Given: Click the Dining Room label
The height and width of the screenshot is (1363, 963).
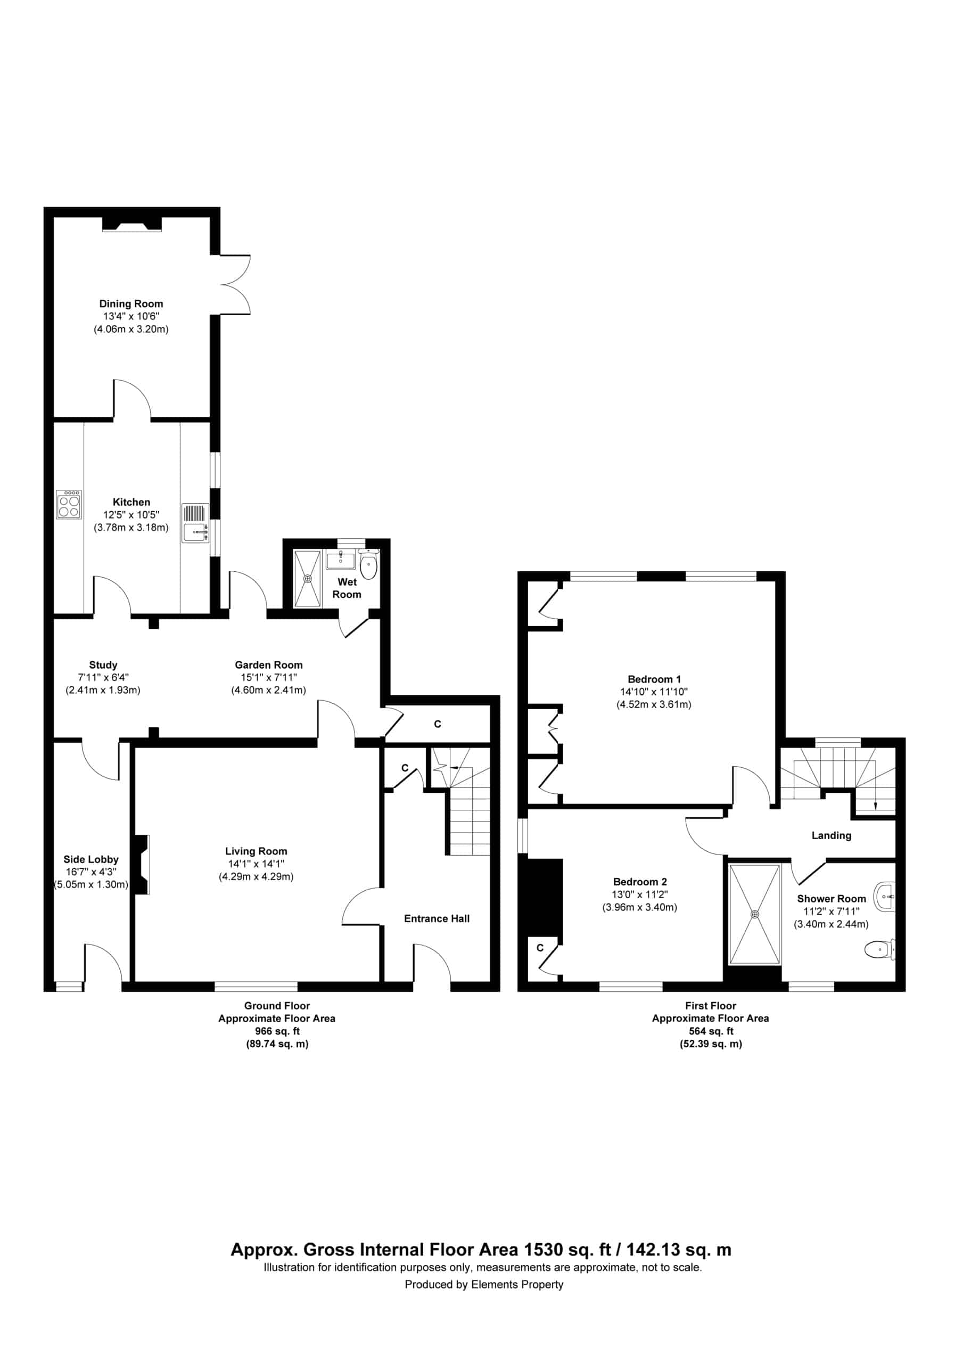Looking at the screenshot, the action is [130, 303].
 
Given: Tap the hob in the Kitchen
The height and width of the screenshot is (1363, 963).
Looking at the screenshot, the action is [69, 505].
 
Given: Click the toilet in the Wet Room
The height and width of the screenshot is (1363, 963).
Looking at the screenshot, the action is [369, 564].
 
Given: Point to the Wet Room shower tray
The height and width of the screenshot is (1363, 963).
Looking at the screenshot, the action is [308, 579].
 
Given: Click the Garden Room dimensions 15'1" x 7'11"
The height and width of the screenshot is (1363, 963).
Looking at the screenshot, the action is [268, 677].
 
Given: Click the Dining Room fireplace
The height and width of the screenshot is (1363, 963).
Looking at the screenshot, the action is [132, 224].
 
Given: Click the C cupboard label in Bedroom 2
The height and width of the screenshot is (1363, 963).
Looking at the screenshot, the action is [540, 948].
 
